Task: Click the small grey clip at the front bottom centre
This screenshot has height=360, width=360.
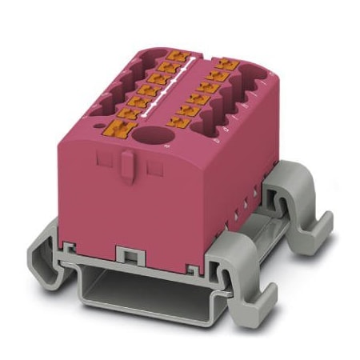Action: coord(126,254)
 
